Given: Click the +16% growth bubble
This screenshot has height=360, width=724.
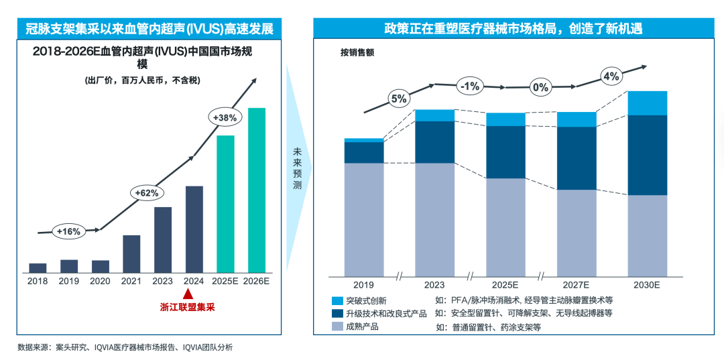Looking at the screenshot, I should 68,231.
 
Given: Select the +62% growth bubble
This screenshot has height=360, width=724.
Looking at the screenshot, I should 146,193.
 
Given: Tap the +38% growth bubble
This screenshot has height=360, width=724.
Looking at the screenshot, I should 225,117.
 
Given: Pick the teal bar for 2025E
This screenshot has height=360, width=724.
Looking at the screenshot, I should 225,204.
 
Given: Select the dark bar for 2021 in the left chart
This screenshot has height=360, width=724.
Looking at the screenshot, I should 131,253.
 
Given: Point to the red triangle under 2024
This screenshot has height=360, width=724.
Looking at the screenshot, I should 188,294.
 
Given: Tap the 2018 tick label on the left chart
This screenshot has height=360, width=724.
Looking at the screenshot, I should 38,282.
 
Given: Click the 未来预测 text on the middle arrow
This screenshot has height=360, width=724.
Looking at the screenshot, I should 297,168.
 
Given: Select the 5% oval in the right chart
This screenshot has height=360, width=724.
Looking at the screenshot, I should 398,99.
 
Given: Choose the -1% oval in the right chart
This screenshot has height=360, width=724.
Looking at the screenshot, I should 469,86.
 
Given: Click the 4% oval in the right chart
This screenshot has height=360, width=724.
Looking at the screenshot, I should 611,76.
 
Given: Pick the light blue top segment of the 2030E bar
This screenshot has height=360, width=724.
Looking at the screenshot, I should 647,103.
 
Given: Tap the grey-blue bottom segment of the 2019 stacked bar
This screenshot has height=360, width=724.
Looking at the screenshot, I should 364,219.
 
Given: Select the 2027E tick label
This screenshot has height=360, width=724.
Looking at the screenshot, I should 576,285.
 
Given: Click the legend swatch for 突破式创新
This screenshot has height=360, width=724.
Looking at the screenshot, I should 337,301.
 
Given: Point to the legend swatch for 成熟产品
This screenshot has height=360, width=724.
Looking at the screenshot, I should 337,326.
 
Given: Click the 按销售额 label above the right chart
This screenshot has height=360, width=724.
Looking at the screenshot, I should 357,53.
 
